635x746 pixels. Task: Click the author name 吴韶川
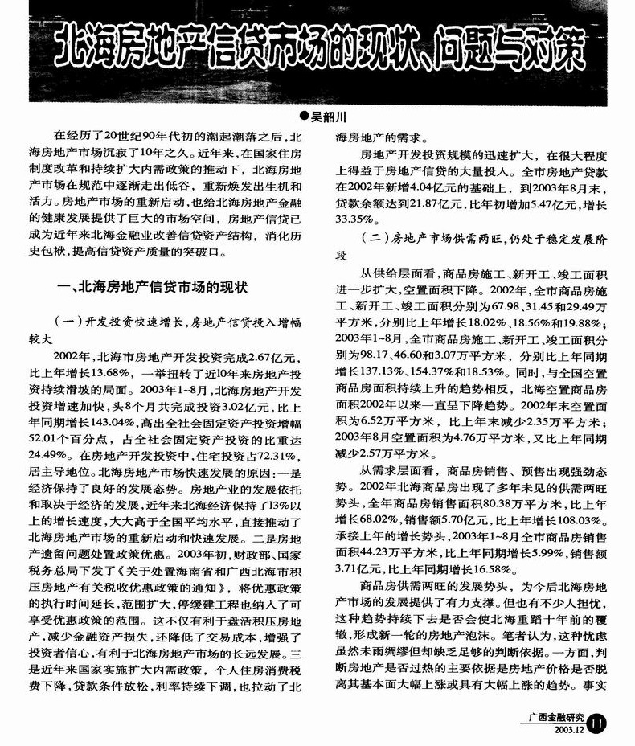[x=329, y=117]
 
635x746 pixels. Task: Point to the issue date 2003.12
[x=567, y=730]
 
